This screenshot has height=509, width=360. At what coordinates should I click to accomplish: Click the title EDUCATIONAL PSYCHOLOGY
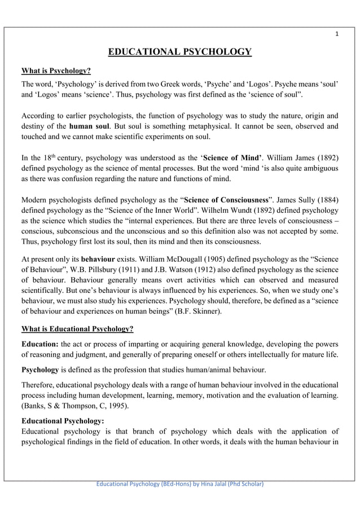pyautogui.click(x=179, y=53)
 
